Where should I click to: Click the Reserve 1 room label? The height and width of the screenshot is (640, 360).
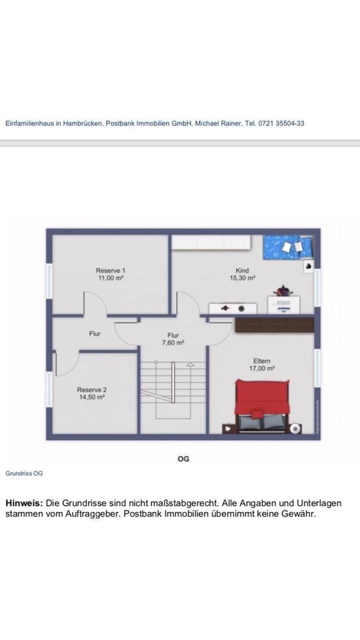(x=110, y=270)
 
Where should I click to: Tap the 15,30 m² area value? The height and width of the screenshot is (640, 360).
(x=242, y=277)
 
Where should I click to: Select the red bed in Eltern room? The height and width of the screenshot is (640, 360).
(x=263, y=406)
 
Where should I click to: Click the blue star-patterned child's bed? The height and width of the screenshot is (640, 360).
(x=289, y=247)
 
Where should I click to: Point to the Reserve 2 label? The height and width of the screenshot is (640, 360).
(x=92, y=390)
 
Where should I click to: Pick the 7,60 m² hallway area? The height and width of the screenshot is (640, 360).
(x=173, y=343)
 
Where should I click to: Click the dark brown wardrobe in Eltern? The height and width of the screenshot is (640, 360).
(x=274, y=325)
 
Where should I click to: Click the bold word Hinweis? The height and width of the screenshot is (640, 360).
(x=24, y=503)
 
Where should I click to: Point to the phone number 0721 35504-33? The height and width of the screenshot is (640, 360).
(x=281, y=123)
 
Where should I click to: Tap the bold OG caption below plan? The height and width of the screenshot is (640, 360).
(x=183, y=459)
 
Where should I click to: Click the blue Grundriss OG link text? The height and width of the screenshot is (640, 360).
(x=24, y=473)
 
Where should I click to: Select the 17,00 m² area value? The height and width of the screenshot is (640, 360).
(x=261, y=368)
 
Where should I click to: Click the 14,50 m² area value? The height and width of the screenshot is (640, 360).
(x=92, y=397)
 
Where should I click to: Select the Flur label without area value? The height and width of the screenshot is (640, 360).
(x=95, y=333)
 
